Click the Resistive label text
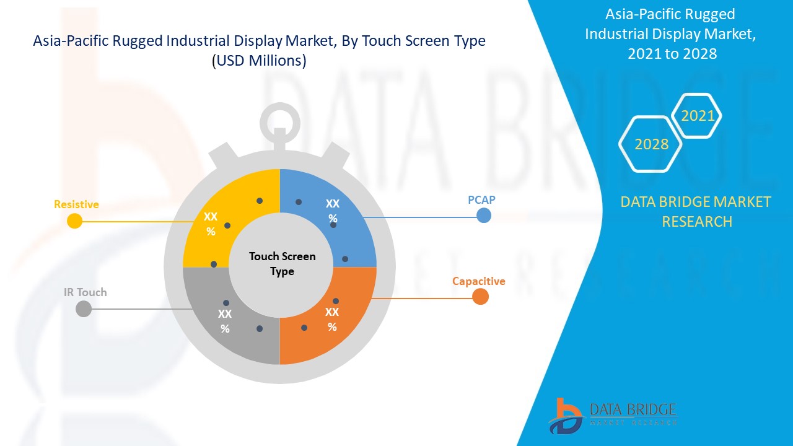[76, 204]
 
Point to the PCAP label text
[481, 200]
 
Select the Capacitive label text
[478, 281]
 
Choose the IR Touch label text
[85, 292]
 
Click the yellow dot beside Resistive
[75, 221]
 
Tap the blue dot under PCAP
[484, 216]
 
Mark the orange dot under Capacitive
[480, 297]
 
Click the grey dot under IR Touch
[83, 308]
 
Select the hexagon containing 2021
[698, 116]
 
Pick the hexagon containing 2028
[651, 144]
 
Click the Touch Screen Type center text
[282, 264]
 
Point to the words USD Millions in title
[259, 61]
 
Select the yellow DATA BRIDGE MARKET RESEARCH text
[696, 211]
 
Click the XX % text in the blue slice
[333, 211]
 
